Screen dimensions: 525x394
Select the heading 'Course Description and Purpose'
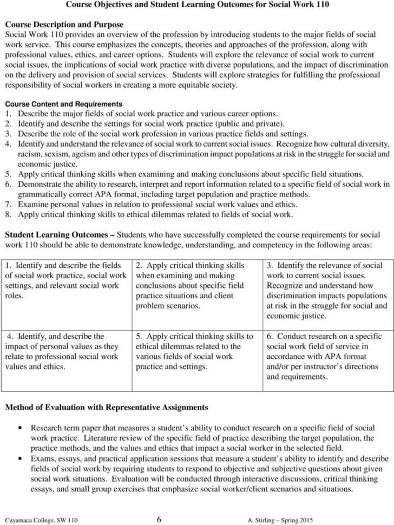pos(64,25)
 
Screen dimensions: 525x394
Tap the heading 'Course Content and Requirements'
pos(63,104)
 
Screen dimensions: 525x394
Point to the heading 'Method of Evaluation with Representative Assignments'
pos(106,407)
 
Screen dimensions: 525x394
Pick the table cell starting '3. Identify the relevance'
pos(328,291)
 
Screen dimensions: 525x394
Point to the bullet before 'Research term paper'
pos(21,427)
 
